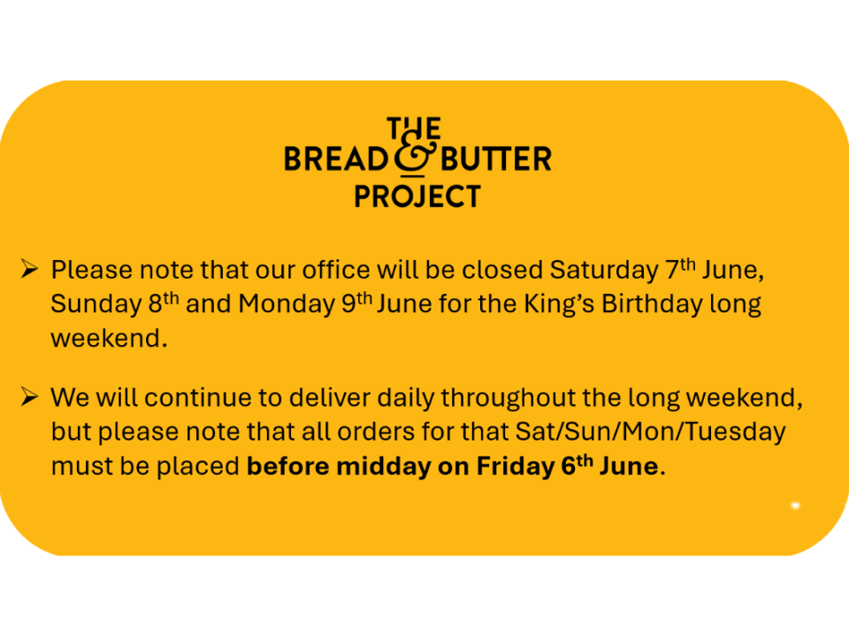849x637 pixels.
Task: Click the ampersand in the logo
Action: coord(416,158)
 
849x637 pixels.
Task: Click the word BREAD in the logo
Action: coord(336,159)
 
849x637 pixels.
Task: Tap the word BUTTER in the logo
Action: coord(496,159)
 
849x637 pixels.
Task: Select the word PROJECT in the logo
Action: coord(417,196)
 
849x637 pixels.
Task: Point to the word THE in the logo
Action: coord(414,129)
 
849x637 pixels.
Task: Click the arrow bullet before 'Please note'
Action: coord(29,268)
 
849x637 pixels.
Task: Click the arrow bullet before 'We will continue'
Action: coord(29,396)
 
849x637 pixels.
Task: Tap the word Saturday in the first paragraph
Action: coord(604,271)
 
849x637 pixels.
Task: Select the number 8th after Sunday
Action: coord(164,303)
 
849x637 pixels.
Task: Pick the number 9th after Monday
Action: coord(356,303)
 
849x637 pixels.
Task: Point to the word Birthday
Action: coord(652,304)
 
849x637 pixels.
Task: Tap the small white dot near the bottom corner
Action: coord(795,505)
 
